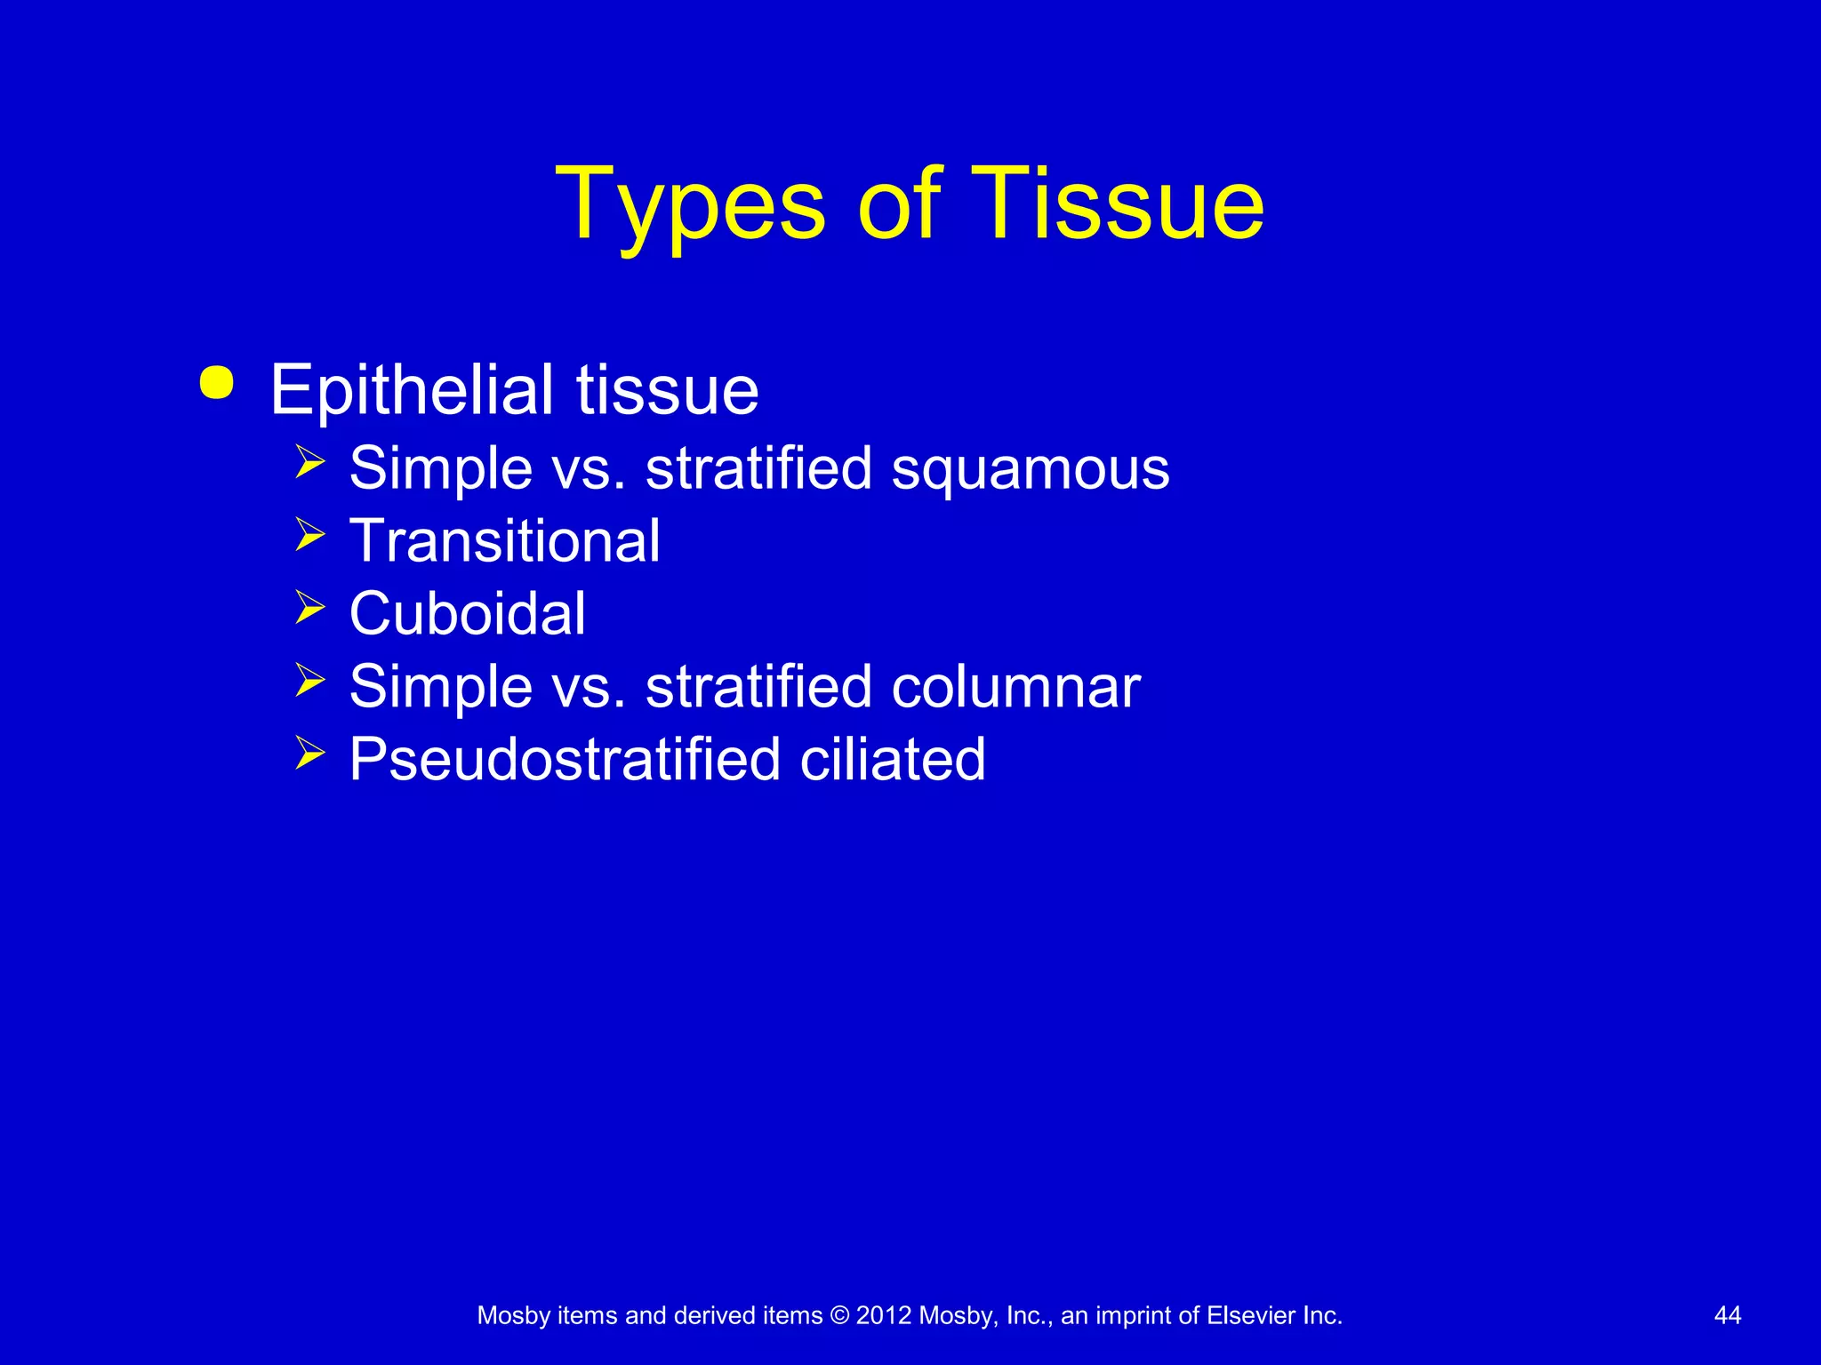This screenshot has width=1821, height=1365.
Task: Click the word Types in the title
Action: [x=690, y=206]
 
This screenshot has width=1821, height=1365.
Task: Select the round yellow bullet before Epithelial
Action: [x=217, y=383]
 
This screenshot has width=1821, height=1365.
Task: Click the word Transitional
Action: [x=504, y=541]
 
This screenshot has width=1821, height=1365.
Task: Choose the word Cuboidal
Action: [x=467, y=614]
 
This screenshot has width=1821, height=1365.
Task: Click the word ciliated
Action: [x=892, y=760]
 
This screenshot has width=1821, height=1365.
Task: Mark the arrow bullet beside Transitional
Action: [x=310, y=535]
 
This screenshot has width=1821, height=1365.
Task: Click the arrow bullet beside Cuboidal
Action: [x=310, y=608]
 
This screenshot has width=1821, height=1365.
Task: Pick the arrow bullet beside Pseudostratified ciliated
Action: [x=310, y=754]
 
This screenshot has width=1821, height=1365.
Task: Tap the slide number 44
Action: [x=1727, y=1316]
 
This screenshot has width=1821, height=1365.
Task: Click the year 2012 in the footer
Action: [x=883, y=1316]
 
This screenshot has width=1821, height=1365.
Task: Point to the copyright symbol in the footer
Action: [x=838, y=1316]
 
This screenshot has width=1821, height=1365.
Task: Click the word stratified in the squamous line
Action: [x=758, y=469]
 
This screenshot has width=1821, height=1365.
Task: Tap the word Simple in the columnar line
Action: [x=440, y=687]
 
